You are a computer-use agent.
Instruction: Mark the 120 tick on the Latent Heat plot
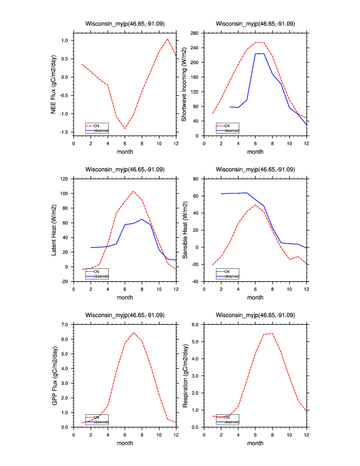[64, 178]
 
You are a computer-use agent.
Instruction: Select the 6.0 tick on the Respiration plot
[196, 324]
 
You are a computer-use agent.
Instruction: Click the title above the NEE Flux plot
[125, 24]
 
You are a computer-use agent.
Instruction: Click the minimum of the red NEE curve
[125, 128]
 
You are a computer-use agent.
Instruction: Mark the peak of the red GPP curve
[134, 332]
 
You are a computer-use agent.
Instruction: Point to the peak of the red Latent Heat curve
[134, 191]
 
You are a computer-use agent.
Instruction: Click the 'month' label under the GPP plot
[125, 443]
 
